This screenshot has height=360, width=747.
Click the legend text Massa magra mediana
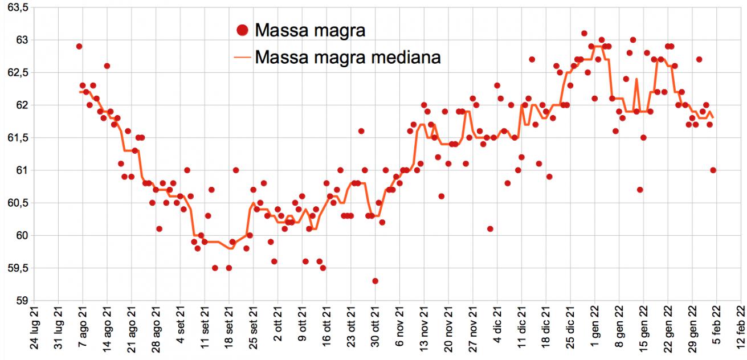tap(348, 57)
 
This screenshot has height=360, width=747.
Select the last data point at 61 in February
tap(713, 170)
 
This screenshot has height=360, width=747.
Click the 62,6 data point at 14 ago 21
tap(107, 66)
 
